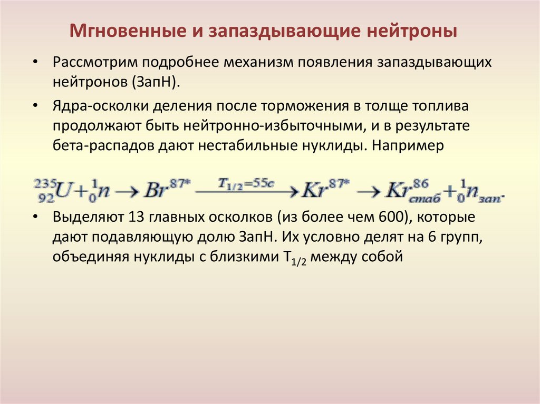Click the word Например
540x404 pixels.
point(409,146)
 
